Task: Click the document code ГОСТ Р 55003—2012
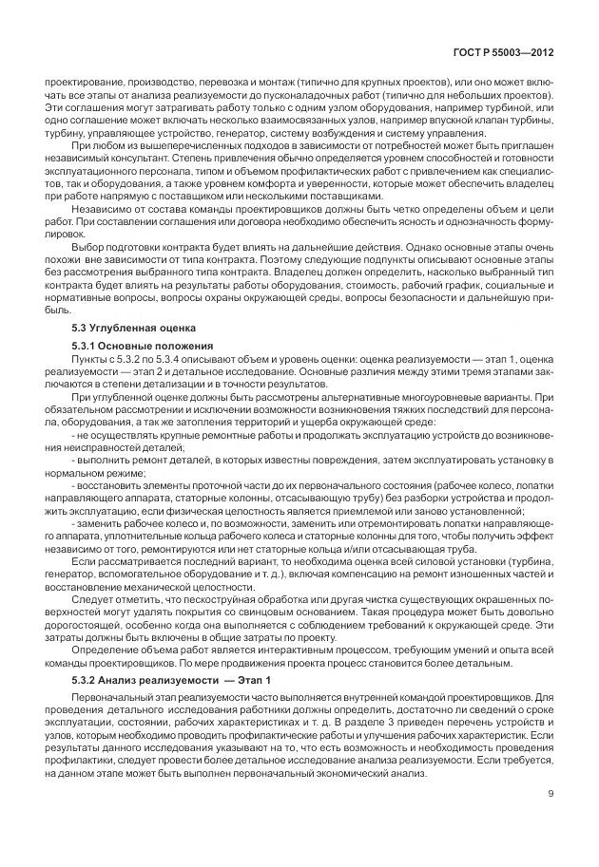510,56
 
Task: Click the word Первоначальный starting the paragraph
107,700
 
